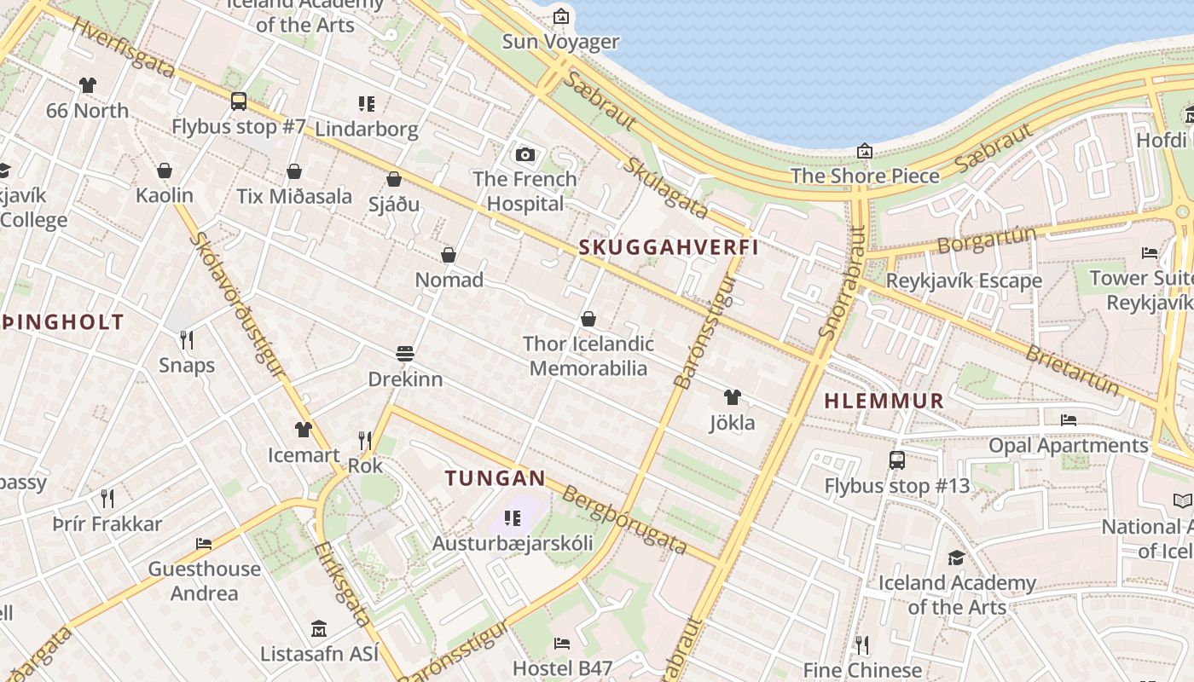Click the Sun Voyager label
(560, 41)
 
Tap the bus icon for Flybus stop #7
(239, 101)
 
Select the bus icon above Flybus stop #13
(896, 460)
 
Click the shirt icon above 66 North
(87, 85)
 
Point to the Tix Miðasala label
(294, 196)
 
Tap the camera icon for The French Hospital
(525, 154)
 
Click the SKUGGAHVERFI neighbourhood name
(669, 247)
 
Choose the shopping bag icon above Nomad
(449, 255)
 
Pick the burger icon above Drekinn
(405, 354)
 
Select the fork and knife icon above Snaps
(187, 340)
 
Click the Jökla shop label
(732, 422)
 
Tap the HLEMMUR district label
(884, 401)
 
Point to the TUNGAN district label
(495, 478)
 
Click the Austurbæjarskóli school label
(512, 543)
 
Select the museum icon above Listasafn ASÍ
(318, 629)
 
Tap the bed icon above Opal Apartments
(1068, 419)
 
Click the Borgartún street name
(987, 240)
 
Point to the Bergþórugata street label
(625, 520)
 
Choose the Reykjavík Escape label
(964, 280)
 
